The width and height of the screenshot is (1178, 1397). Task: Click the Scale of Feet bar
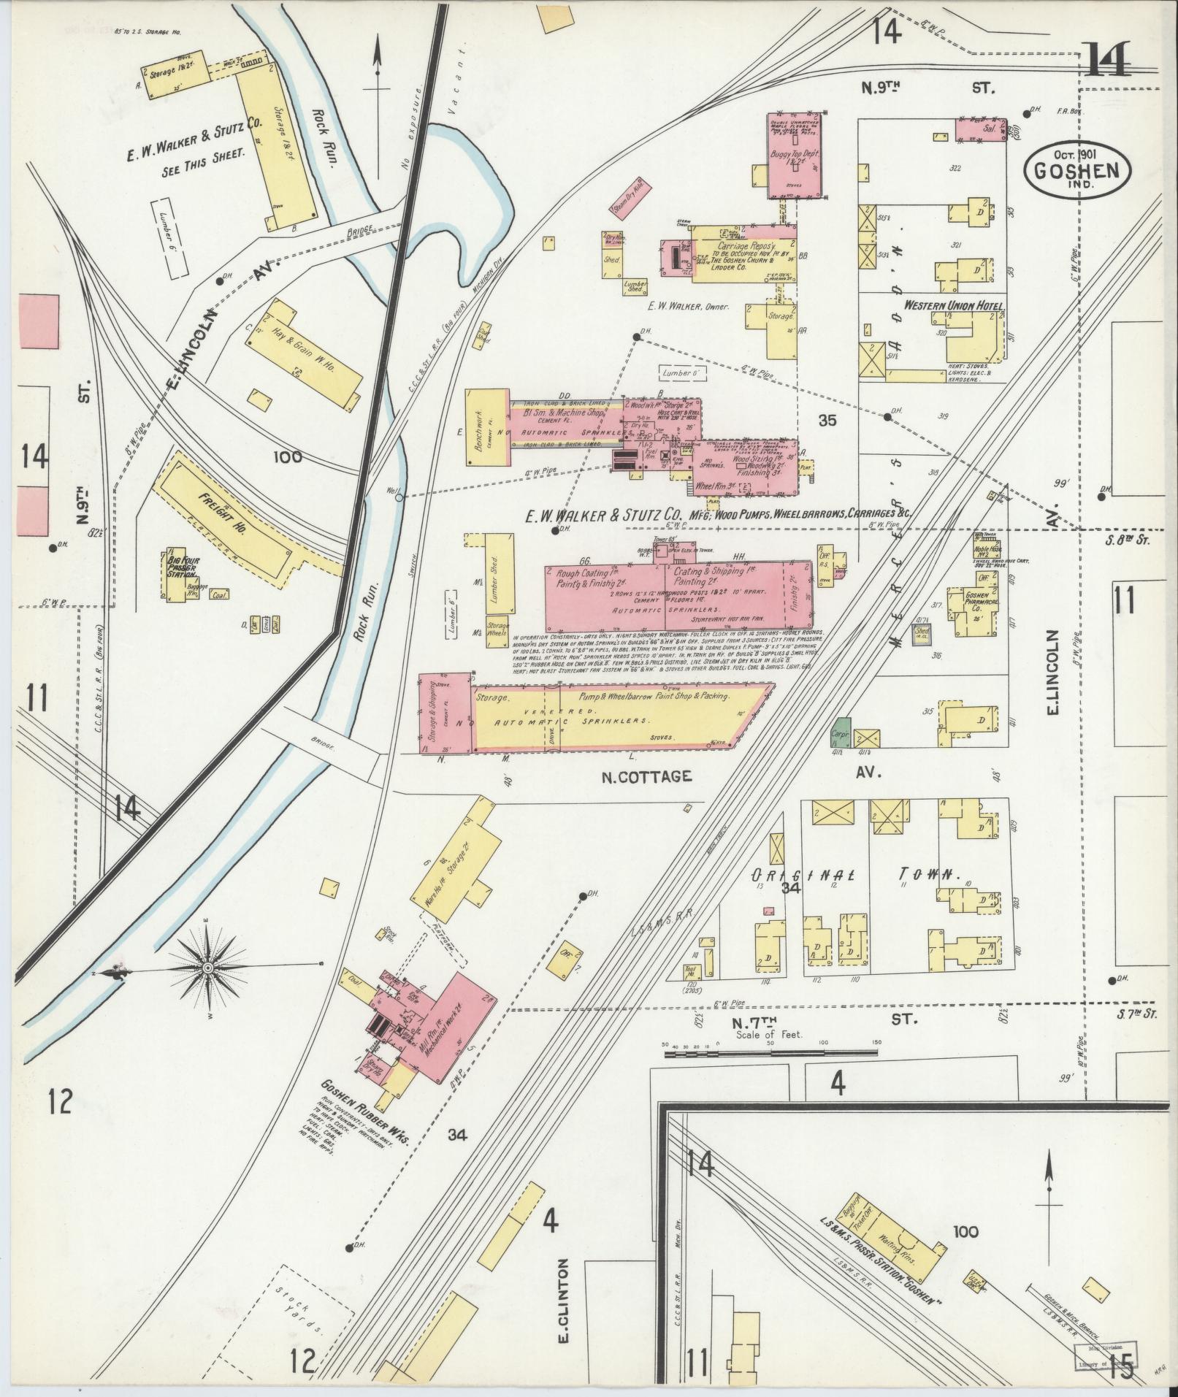click(x=770, y=1052)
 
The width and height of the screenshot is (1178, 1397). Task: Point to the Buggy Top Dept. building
click(x=793, y=157)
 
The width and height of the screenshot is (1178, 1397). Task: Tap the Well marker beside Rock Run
click(x=398, y=498)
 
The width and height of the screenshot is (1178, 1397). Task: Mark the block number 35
click(x=827, y=421)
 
